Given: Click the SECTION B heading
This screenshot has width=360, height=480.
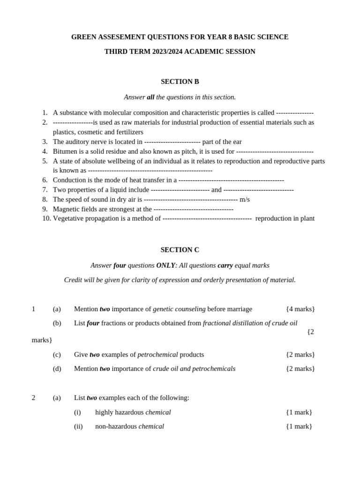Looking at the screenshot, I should coord(180,82).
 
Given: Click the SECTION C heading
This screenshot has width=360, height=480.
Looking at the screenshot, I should coord(180,250).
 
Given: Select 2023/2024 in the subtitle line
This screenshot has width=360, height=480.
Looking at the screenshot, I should coord(167,52).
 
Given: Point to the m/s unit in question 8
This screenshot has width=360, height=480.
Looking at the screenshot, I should coord(245,199).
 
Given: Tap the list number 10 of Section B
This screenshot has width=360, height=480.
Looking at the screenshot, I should coord(46,218).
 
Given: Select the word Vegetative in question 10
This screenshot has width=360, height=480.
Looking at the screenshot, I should coord(69,218).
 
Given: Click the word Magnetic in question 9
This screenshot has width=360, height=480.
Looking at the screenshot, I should coord(67,209).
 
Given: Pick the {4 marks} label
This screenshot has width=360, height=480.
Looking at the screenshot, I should coord(300,309).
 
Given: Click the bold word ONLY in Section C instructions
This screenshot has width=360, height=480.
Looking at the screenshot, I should coord(165,265).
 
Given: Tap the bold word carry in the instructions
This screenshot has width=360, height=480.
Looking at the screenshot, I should coord(225,265).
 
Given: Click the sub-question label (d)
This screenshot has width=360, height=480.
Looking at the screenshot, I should coord(57,368).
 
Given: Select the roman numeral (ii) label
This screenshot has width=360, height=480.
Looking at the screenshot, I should coord(78,426).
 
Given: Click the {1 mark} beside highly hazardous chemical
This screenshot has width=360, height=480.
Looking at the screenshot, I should coord(299,412).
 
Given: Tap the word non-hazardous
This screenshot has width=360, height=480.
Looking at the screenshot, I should coord(116,426).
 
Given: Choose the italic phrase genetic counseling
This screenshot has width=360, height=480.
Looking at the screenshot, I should coord(179,309).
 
